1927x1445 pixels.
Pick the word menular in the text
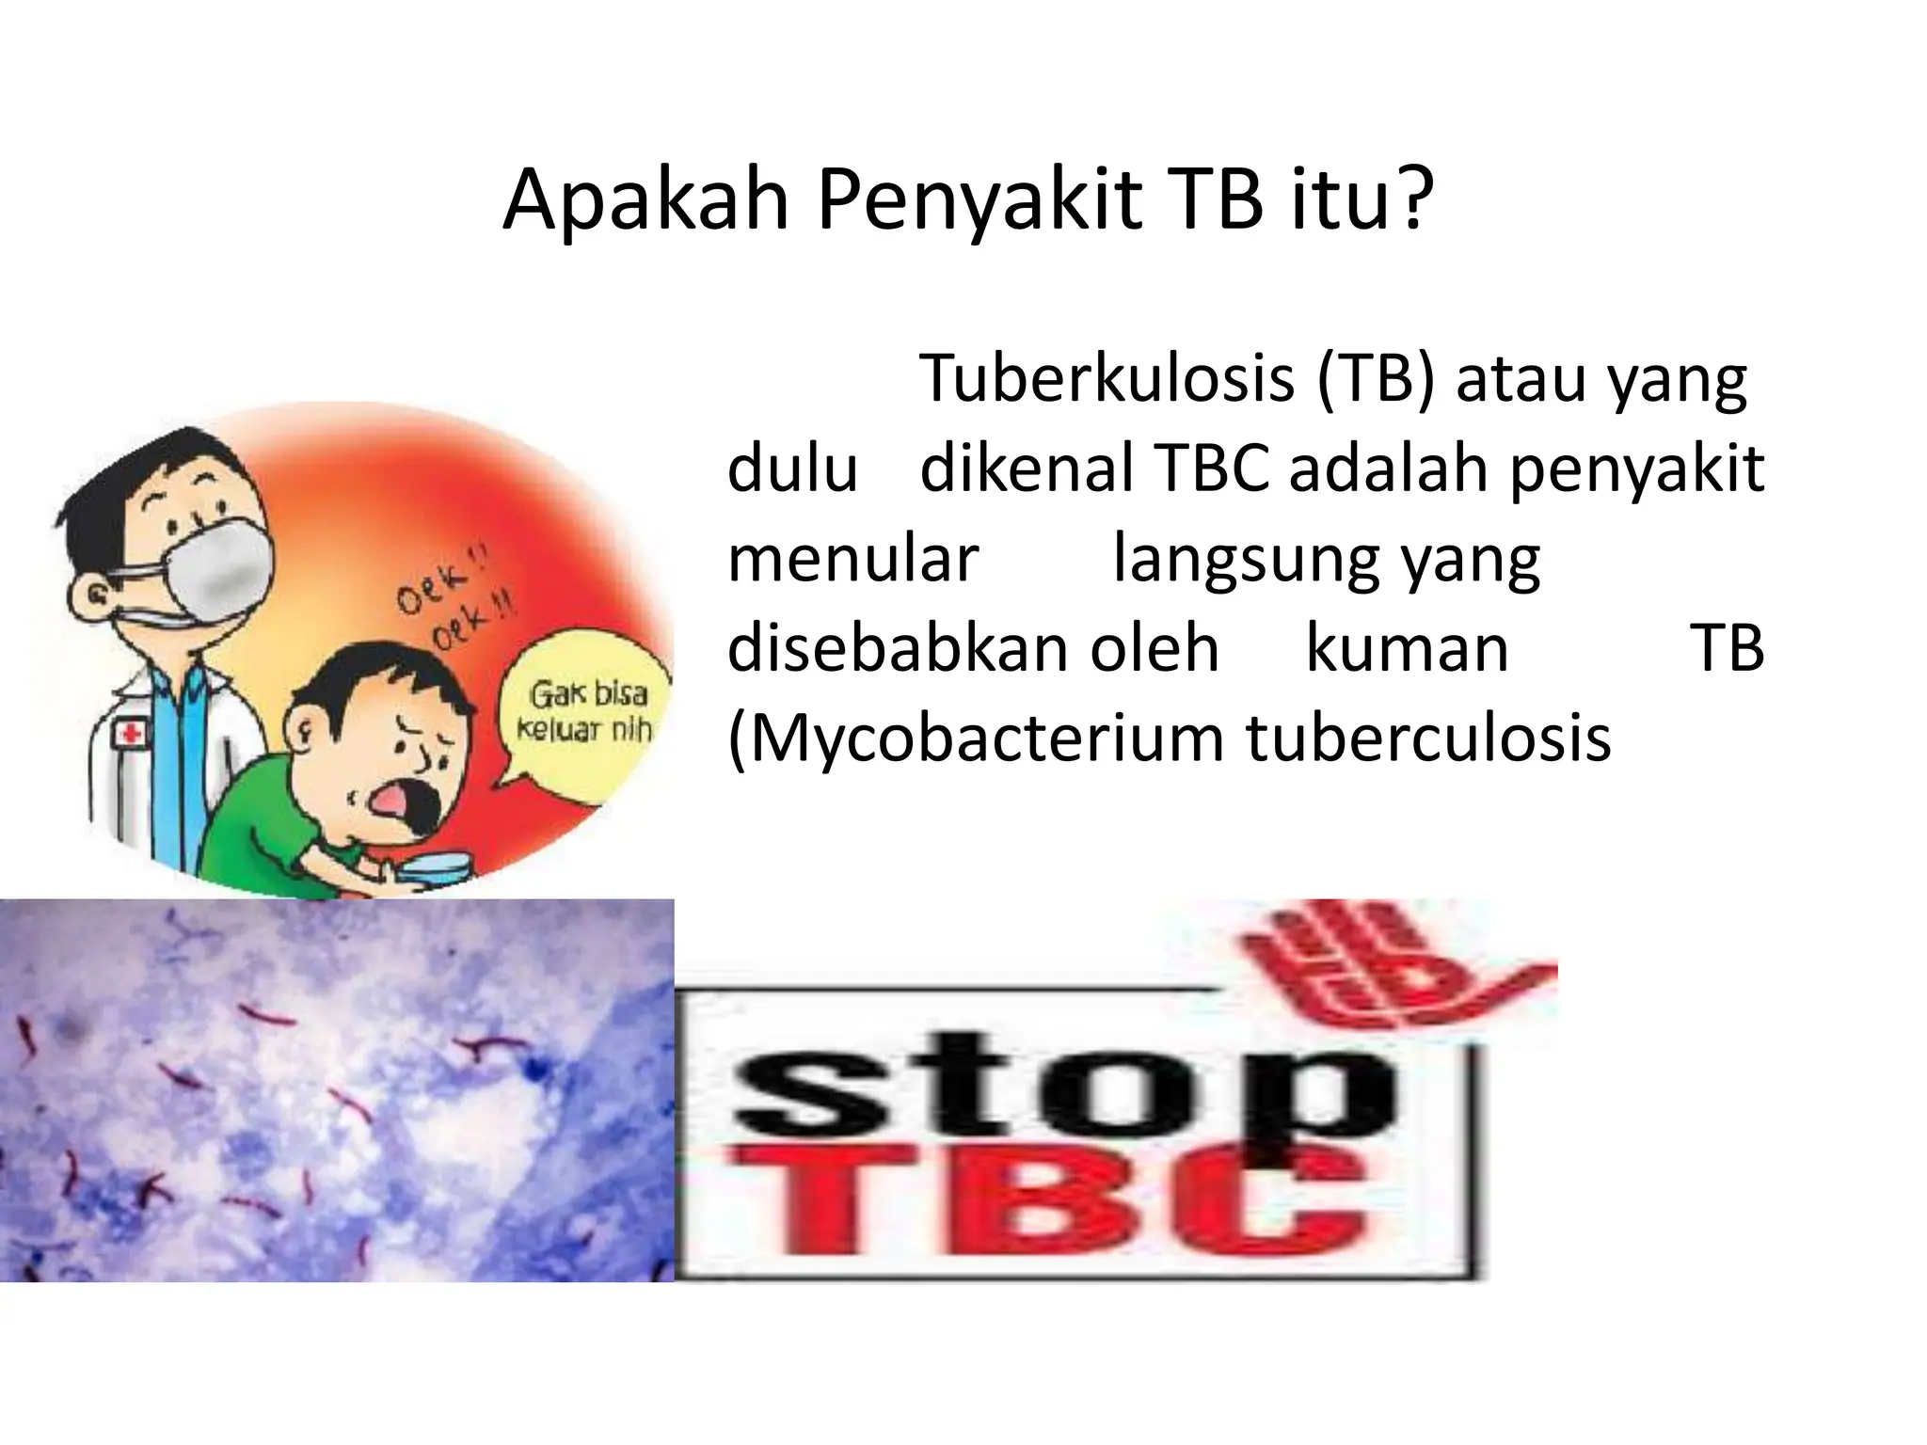[852, 559]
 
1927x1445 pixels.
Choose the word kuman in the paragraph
[1407, 649]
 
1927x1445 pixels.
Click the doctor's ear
[93, 594]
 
